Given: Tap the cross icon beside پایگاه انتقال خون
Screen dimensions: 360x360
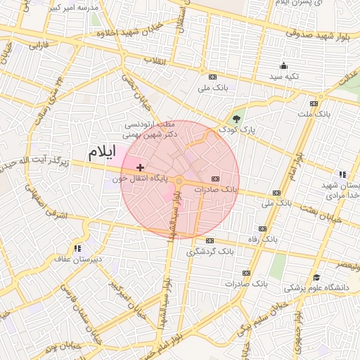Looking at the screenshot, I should (x=141, y=167).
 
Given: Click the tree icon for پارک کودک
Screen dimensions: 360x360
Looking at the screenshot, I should (x=236, y=118).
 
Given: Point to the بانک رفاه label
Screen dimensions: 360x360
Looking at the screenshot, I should (x=243, y=239).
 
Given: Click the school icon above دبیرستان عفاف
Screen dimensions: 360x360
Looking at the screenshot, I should (x=78, y=248).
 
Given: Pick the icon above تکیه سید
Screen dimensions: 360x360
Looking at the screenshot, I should (x=283, y=65).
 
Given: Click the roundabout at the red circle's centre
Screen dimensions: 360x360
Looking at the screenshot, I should (x=179, y=181).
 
